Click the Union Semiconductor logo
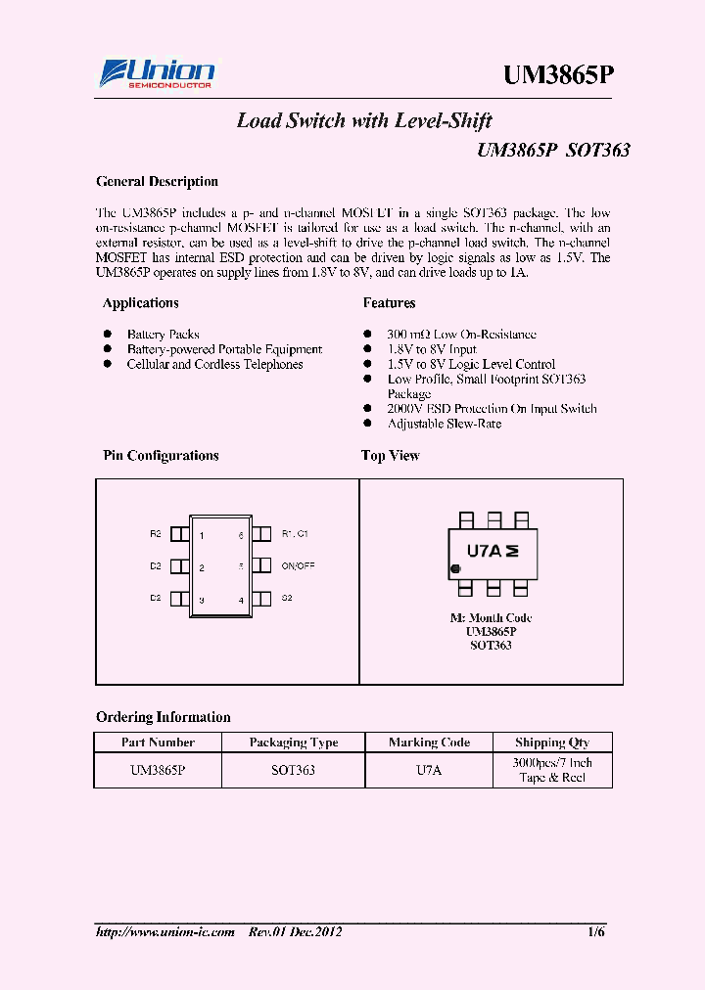[x=158, y=74]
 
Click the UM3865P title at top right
[x=559, y=76]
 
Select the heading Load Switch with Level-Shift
[x=364, y=121]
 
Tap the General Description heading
[x=157, y=182]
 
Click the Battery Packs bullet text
[x=163, y=335]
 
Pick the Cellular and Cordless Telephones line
[x=214, y=365]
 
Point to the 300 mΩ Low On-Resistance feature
[x=461, y=335]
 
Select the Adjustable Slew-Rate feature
[x=444, y=425]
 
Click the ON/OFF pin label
[x=298, y=566]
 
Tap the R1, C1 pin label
[x=295, y=534]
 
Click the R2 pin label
[x=156, y=534]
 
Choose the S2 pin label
[x=287, y=597]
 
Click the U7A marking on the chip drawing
[x=484, y=551]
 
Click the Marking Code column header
[x=429, y=742]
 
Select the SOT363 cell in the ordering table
[x=293, y=771]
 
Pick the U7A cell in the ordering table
[x=429, y=771]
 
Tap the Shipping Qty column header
[x=552, y=742]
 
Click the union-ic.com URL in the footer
[x=165, y=932]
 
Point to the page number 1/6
[x=596, y=932]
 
